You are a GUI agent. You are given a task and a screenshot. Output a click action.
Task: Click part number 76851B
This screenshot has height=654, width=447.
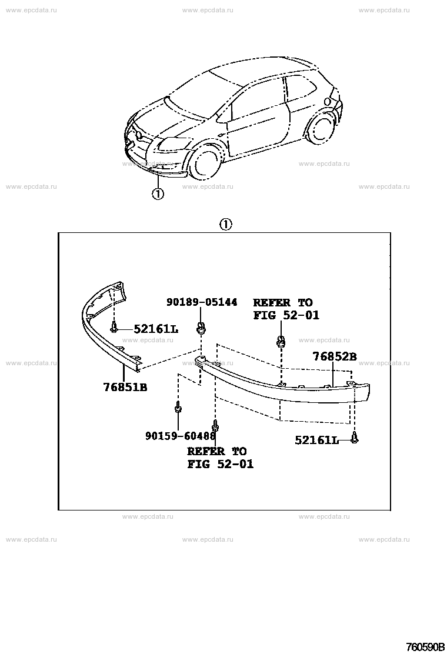click(125, 388)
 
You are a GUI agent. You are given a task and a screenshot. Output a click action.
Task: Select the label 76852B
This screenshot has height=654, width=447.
click(335, 356)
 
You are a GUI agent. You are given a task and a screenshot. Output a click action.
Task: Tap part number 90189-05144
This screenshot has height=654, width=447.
click(202, 302)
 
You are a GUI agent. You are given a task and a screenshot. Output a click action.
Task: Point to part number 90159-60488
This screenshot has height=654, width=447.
click(181, 436)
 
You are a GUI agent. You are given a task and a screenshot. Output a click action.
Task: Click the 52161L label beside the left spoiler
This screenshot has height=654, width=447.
click(156, 329)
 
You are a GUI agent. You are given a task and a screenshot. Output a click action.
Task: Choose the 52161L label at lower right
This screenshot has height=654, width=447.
click(317, 440)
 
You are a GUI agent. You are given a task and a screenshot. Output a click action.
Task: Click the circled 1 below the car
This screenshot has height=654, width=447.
click(158, 193)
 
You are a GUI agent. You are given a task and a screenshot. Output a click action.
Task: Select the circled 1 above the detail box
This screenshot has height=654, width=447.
click(225, 225)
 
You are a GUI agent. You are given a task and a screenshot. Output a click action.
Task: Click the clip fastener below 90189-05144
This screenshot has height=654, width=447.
click(201, 328)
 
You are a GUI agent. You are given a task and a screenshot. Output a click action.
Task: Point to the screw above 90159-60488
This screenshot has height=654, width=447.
click(178, 406)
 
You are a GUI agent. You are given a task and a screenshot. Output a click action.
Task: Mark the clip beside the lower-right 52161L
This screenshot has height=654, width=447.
click(355, 438)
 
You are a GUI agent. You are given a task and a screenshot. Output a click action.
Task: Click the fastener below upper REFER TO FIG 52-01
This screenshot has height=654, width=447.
click(281, 342)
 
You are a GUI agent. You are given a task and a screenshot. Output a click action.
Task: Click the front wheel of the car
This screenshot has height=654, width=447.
click(208, 161)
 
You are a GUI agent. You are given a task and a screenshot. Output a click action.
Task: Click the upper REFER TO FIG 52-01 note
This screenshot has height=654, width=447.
click(286, 309)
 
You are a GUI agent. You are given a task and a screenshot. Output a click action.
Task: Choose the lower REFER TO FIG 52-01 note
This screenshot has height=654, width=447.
click(220, 458)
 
